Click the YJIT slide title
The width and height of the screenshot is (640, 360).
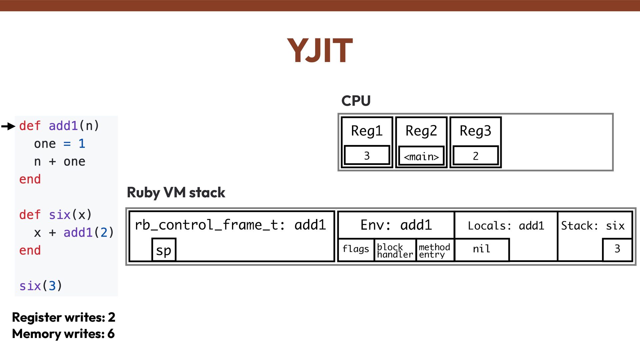coord(320,51)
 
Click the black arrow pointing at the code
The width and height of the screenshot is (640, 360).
coord(8,126)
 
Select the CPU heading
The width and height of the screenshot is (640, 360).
coord(356,101)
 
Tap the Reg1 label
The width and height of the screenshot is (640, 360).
coord(367,131)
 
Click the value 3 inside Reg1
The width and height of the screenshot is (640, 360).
coord(367,156)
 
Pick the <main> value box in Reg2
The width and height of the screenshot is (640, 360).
coord(421,156)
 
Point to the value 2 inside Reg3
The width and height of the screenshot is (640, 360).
coord(476,156)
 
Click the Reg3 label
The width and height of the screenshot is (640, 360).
coord(475,131)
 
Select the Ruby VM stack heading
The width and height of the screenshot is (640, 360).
coord(176,193)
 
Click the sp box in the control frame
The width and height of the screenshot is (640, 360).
coord(164,250)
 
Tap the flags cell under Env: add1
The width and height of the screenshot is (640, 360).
coord(356,249)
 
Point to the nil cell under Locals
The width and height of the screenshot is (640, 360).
coord(481,249)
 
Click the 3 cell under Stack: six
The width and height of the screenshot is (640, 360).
coord(617,249)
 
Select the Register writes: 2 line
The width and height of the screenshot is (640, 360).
coord(64,317)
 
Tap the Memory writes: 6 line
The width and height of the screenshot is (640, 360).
coord(63,334)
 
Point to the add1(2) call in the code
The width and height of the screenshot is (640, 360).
coord(89,232)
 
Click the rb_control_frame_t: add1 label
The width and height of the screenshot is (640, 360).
coord(230,225)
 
